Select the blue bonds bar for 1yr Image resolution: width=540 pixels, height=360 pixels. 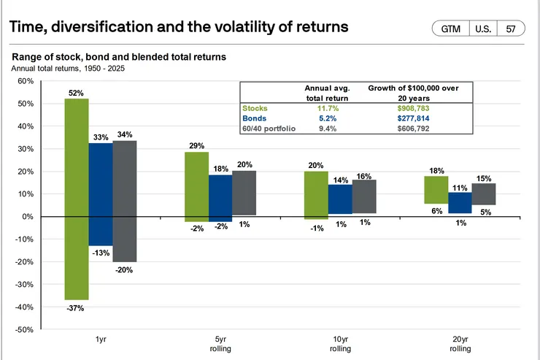[101, 194]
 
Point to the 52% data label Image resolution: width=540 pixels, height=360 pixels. [77, 93]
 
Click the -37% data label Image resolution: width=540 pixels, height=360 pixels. [76, 308]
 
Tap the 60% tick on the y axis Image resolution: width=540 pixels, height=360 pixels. [25, 81]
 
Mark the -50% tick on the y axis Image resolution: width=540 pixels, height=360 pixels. [24, 330]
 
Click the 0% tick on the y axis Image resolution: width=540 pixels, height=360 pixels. [28, 217]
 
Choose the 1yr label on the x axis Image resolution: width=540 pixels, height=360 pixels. [100, 340]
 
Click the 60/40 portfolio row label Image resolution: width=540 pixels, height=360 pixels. [268, 129]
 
